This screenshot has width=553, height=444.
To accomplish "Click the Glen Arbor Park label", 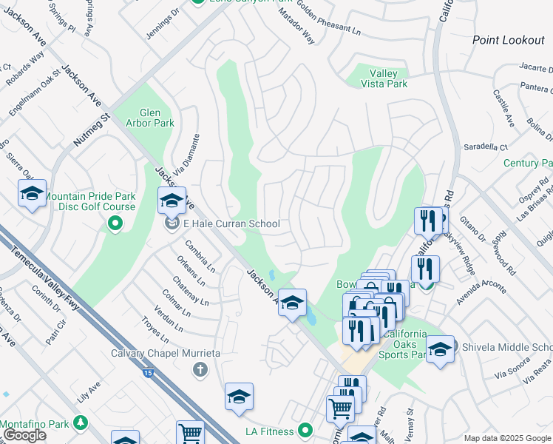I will (x=150, y=118).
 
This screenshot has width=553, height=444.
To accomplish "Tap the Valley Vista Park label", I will (x=384, y=78).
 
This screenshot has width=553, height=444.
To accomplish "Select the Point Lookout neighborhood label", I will (x=508, y=40).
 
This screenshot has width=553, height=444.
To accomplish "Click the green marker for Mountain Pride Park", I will (x=115, y=222).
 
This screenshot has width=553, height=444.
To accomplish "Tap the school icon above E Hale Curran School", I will (x=172, y=201).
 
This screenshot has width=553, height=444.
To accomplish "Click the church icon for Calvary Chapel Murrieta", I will (x=199, y=369).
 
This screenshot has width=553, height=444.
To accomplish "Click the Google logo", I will (x=24, y=435).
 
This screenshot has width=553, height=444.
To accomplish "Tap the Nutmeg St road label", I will (x=91, y=128).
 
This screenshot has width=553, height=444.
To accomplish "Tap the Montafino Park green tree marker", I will (x=78, y=424).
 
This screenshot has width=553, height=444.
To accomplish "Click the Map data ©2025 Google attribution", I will (x=506, y=438).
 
